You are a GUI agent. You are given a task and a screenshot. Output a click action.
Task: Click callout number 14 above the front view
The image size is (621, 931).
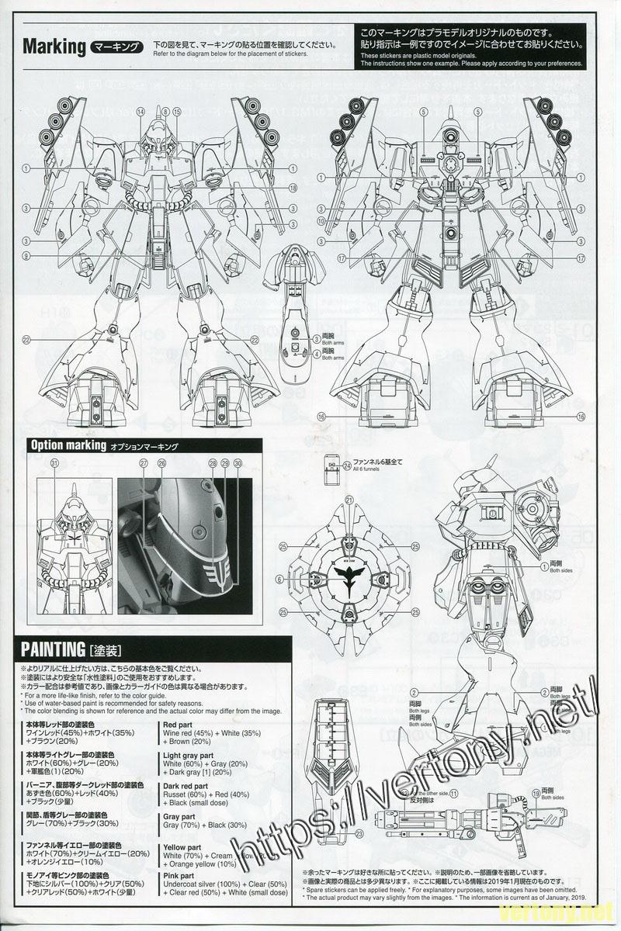[x=141, y=112]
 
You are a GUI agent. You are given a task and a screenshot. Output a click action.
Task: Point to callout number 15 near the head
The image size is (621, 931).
[x=177, y=112]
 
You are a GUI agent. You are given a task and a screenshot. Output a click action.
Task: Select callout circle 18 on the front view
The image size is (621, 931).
[x=293, y=187]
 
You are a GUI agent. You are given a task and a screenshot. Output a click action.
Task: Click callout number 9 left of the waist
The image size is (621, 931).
[x=26, y=256]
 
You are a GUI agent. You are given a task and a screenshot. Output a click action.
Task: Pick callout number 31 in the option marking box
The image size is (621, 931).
[x=54, y=463]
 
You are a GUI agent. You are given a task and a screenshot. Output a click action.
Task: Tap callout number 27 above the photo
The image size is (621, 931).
[x=144, y=463]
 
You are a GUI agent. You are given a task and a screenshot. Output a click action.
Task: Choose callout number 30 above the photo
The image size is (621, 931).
[x=237, y=463]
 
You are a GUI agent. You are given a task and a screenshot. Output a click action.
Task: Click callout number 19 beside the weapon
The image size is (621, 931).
[x=536, y=792]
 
